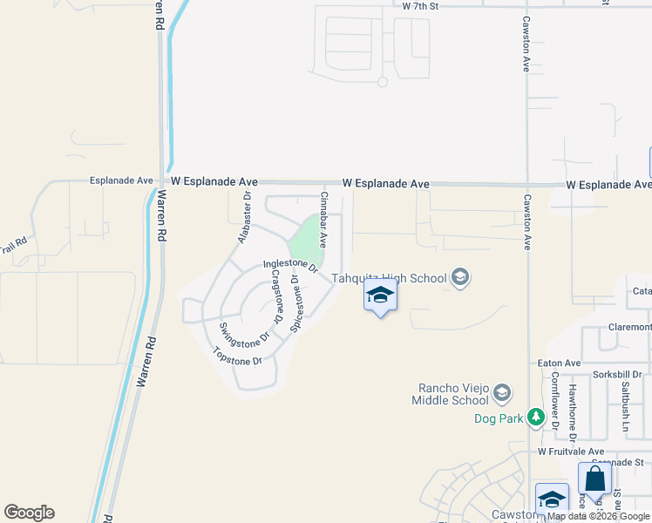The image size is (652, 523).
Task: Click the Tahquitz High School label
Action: [388, 279]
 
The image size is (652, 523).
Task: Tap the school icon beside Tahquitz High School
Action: [460, 278]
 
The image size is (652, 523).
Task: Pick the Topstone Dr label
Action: [238, 357]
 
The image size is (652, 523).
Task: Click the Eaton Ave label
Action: [560, 363]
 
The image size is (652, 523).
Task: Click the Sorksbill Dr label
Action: [618, 374]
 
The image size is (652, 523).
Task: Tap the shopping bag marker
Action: [594, 480]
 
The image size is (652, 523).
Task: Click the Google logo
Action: [29, 513]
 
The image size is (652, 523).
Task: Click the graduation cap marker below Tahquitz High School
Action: [380, 296]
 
